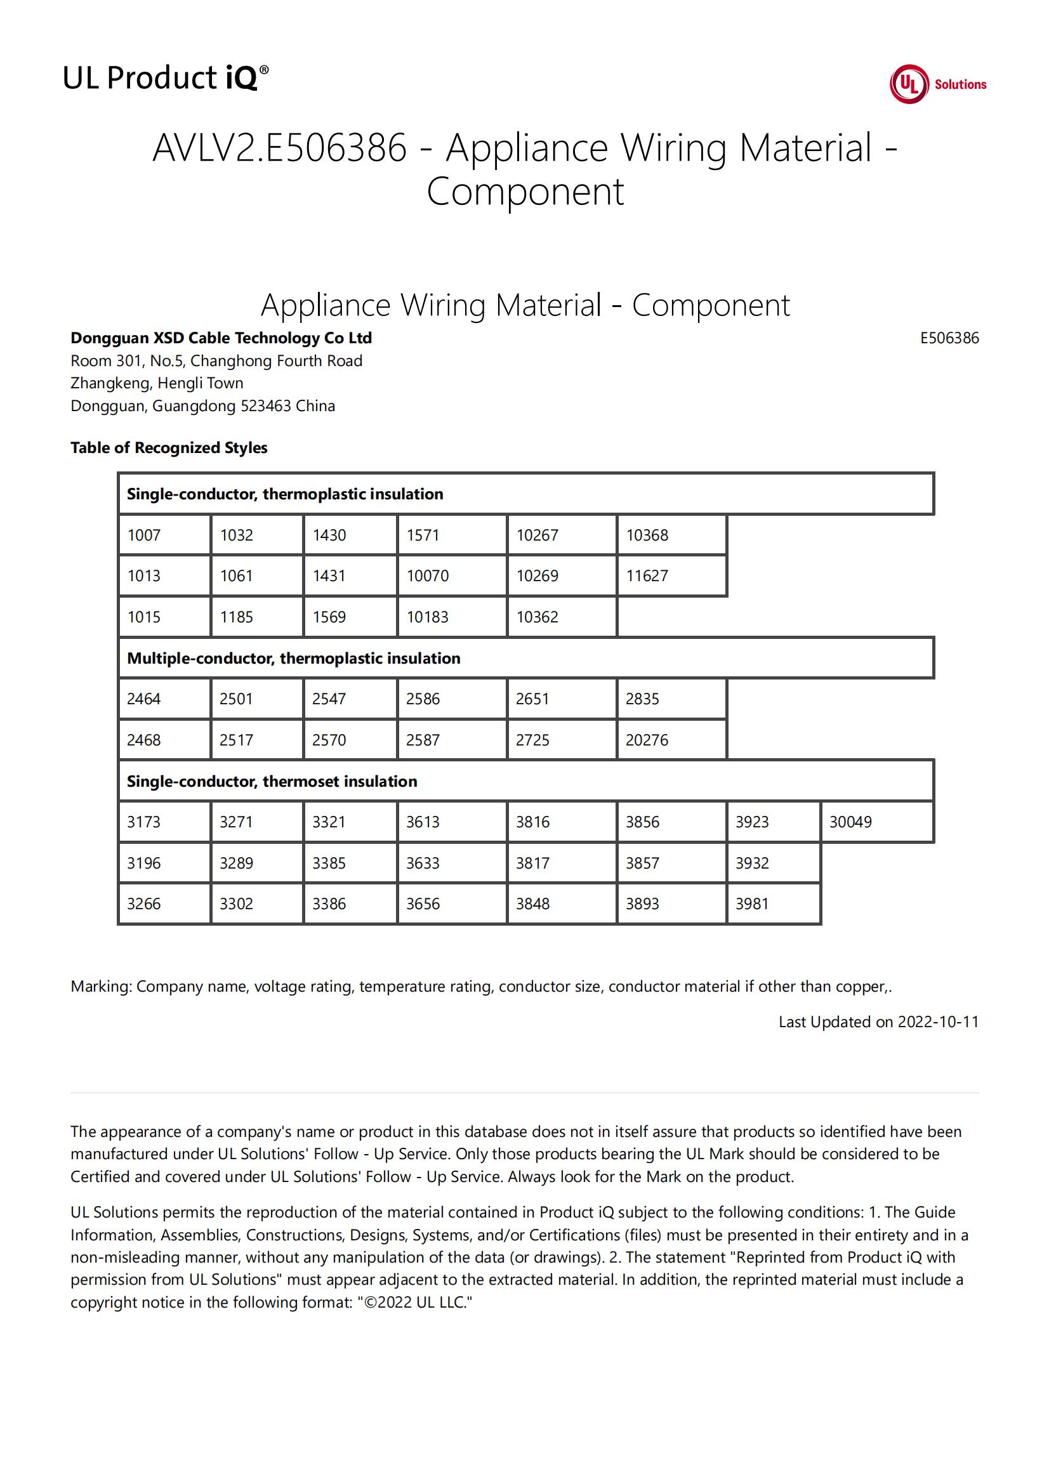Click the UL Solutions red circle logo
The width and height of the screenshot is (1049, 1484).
point(908,84)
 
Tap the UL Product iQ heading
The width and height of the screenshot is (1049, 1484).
point(166,78)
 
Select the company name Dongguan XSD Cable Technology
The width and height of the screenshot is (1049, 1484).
point(220,338)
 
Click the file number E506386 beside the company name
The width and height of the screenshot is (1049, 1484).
point(949,338)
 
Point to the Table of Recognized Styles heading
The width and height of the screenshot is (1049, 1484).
point(169,448)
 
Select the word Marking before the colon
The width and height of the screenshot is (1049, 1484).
point(100,987)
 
